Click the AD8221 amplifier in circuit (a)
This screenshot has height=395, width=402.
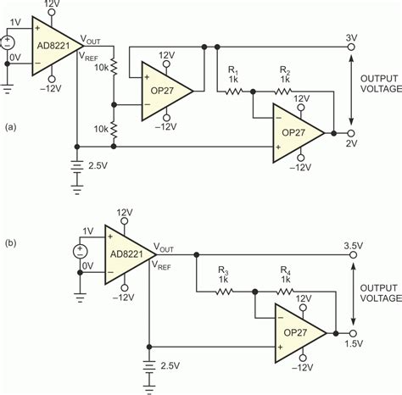click(53, 47)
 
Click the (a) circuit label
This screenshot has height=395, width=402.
click(9, 127)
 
